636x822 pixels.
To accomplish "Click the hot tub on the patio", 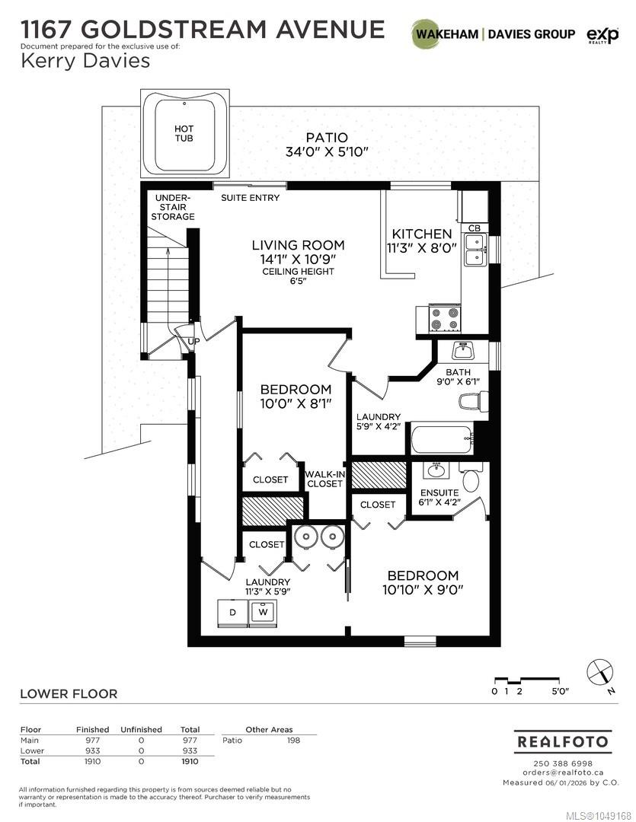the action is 185,135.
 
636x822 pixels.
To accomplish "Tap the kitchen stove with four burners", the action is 445,319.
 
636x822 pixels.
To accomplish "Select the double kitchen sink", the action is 475,250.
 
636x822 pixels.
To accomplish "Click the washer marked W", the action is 263,612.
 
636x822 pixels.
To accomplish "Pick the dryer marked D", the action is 233,612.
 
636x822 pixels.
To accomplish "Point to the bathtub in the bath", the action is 442,440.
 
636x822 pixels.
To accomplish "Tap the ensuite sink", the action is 436,470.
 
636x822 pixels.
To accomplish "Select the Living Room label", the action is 298,245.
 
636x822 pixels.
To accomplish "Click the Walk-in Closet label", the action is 324,479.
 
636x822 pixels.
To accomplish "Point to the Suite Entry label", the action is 251,198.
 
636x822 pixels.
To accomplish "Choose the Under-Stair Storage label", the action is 173,207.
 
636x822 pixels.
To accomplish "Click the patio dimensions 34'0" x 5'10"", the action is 327,152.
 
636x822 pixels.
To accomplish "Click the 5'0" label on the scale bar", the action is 560,691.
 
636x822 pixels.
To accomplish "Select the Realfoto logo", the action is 562,742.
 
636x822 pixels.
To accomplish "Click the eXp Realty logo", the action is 602,35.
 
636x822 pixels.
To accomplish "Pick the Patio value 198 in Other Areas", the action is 293,741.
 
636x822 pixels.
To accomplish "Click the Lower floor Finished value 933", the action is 92,750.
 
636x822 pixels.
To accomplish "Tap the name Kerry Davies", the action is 85,61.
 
